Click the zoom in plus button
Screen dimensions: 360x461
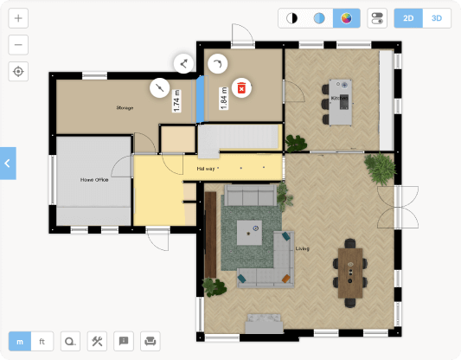tap(19, 18)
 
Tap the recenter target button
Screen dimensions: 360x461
tap(19, 72)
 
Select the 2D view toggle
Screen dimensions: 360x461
tap(408, 18)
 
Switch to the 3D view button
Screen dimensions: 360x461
tap(437, 18)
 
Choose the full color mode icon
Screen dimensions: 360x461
tap(346, 18)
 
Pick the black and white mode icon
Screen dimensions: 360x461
tap(291, 18)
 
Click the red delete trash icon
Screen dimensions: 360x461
tap(243, 87)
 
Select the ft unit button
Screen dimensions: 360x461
tap(42, 341)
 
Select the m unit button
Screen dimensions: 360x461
tap(20, 341)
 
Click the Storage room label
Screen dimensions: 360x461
tap(125, 108)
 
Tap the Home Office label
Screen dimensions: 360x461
tap(93, 180)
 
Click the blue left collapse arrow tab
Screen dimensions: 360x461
tap(8, 163)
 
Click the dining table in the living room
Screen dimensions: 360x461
tap(349, 272)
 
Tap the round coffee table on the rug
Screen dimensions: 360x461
tap(254, 229)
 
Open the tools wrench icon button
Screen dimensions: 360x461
tap(97, 341)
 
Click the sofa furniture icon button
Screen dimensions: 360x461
tap(150, 341)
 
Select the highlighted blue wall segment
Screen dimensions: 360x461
tap(201, 99)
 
